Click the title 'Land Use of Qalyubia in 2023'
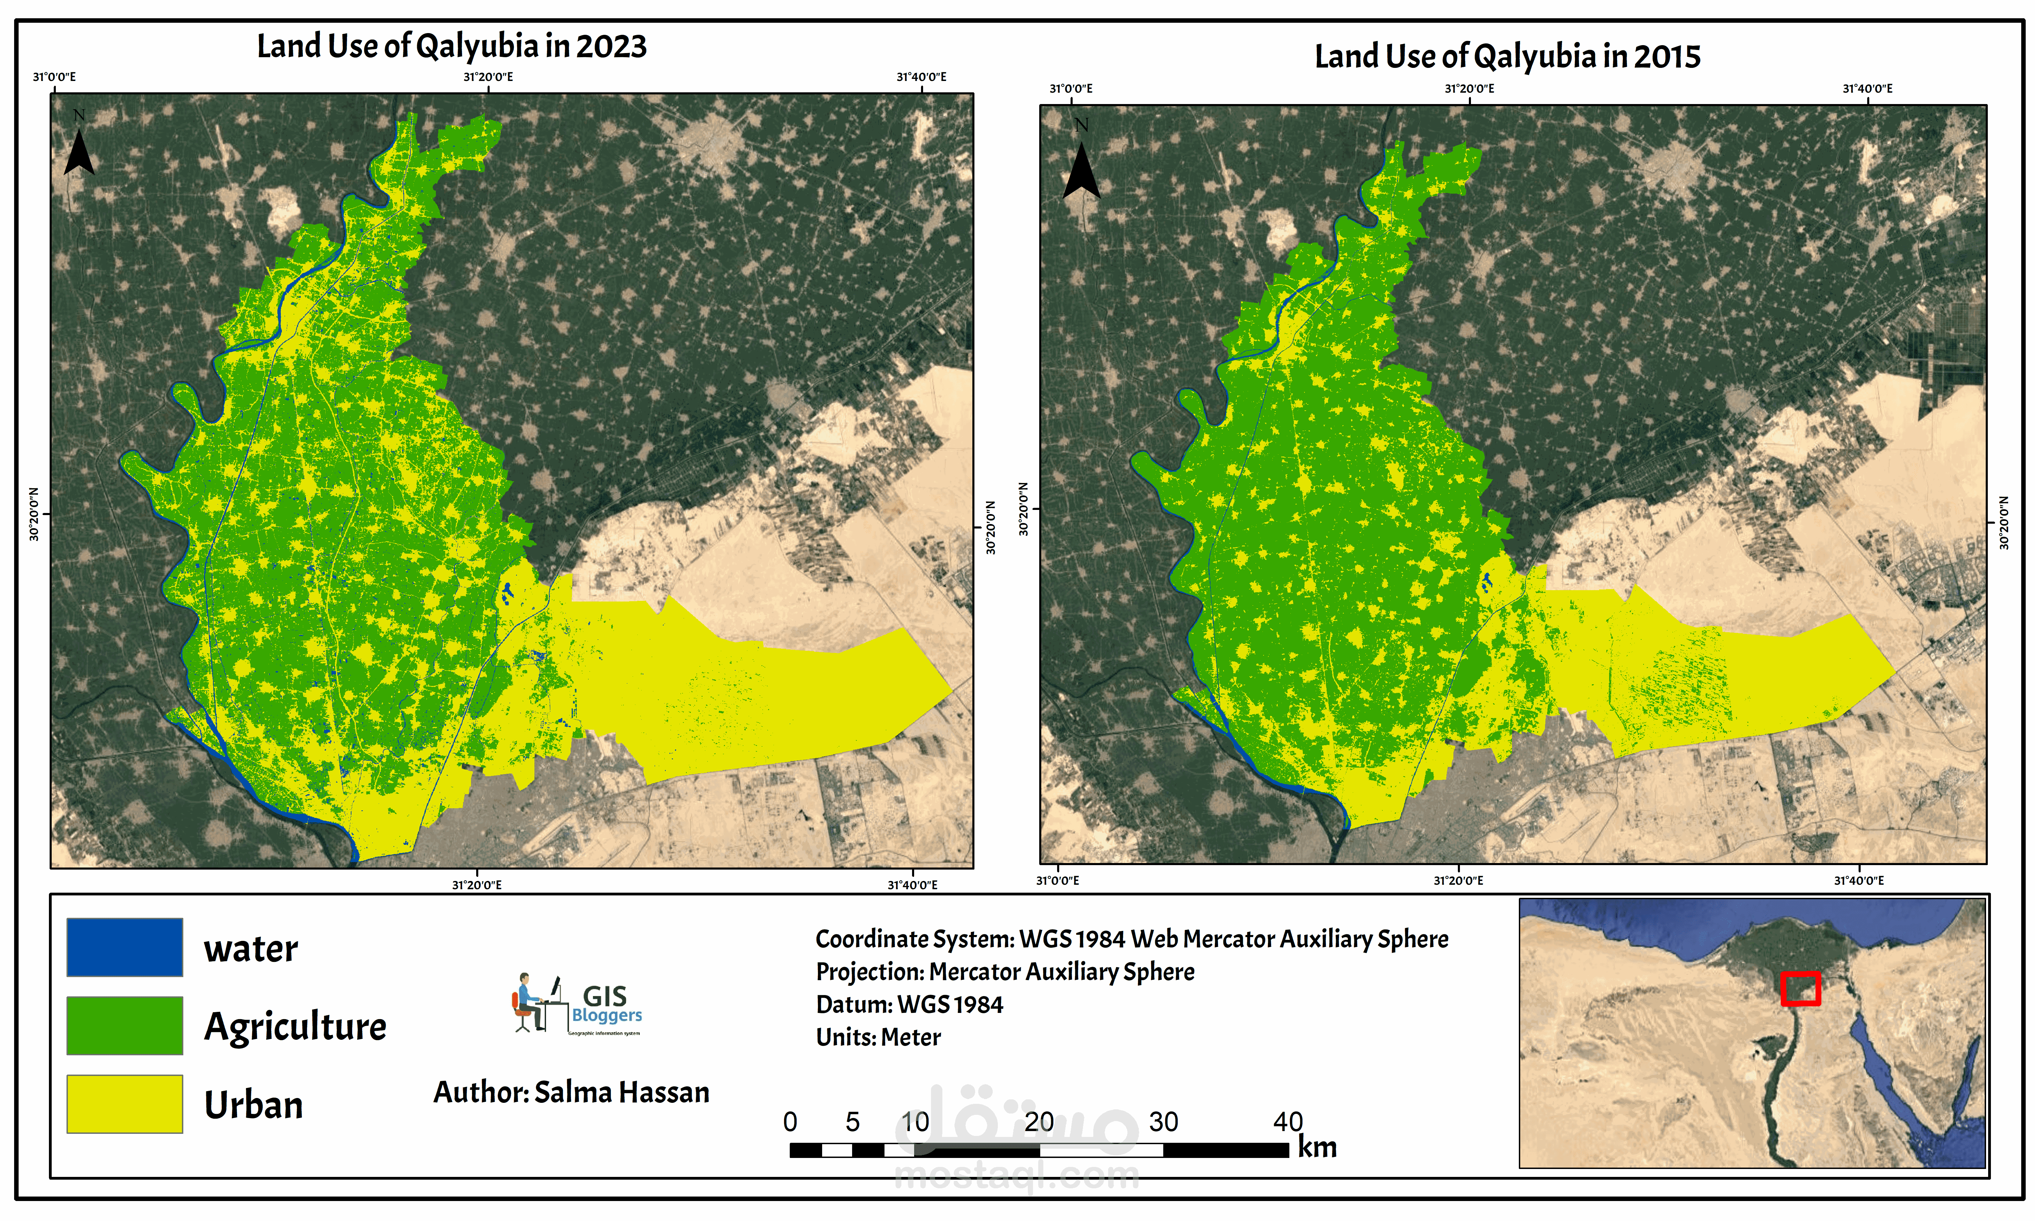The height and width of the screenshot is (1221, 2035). click(452, 46)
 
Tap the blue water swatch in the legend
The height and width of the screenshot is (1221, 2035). click(124, 947)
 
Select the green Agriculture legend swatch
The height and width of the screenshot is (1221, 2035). click(124, 1025)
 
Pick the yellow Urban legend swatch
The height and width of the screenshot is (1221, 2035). click(124, 1103)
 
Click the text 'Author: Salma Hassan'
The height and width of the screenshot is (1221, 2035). click(571, 1092)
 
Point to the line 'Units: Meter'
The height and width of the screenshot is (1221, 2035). click(878, 1037)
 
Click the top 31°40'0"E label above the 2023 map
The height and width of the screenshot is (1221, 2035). click(922, 76)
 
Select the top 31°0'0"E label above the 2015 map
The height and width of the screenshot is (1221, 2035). click(1071, 88)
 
